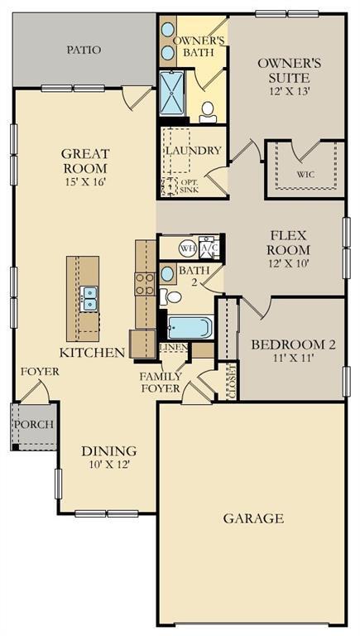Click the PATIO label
(83, 50)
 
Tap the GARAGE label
(253, 518)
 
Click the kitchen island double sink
(88, 298)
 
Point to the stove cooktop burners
(145, 285)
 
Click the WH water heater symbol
(187, 248)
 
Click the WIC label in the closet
(305, 176)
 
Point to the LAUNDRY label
(193, 151)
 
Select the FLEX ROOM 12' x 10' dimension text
(287, 263)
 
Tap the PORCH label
(33, 424)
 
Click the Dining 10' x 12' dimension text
(108, 465)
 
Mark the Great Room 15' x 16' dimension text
(86, 181)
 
